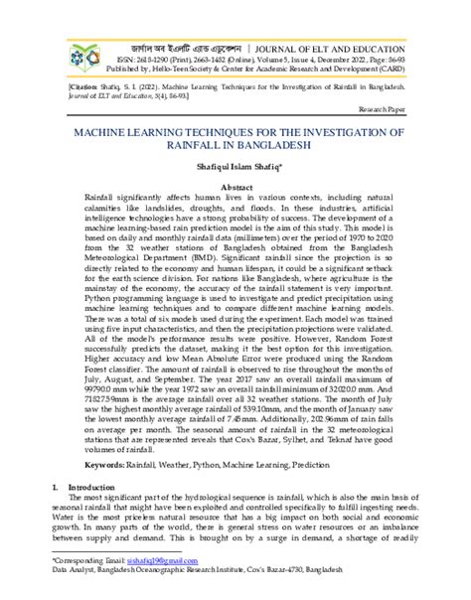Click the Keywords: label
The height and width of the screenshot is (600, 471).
[109, 464]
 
